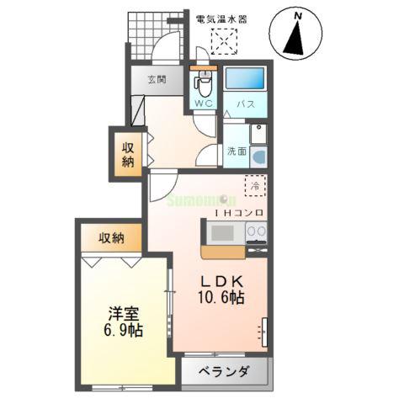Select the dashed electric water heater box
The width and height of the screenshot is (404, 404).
225,40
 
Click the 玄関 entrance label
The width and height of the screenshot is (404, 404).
157,81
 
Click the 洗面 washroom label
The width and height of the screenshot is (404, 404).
236,151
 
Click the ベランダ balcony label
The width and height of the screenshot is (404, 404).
223,370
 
